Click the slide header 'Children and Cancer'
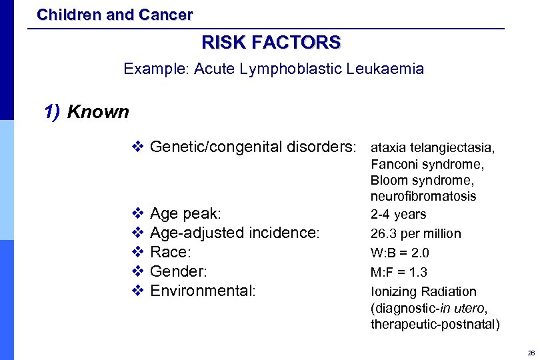pyautogui.click(x=115, y=14)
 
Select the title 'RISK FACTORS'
pyautogui.click(x=271, y=43)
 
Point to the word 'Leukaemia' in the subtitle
pyautogui.click(x=391, y=69)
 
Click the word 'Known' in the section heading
pyautogui.click(x=98, y=111)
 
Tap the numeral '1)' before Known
pyautogui.click(x=52, y=111)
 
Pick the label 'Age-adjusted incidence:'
pyautogui.click(x=235, y=233)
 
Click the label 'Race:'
pyautogui.click(x=171, y=253)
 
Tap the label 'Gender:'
pyautogui.click(x=179, y=272)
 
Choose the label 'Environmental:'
pyautogui.click(x=203, y=291)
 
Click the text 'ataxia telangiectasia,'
pyautogui.click(x=433, y=147)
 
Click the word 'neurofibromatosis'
pyautogui.click(x=423, y=197)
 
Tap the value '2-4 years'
pyautogui.click(x=398, y=215)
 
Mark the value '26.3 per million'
pyautogui.click(x=415, y=234)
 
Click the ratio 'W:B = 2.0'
pyautogui.click(x=399, y=253)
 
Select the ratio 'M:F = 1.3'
pyautogui.click(x=399, y=272)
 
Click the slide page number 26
pyautogui.click(x=531, y=353)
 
